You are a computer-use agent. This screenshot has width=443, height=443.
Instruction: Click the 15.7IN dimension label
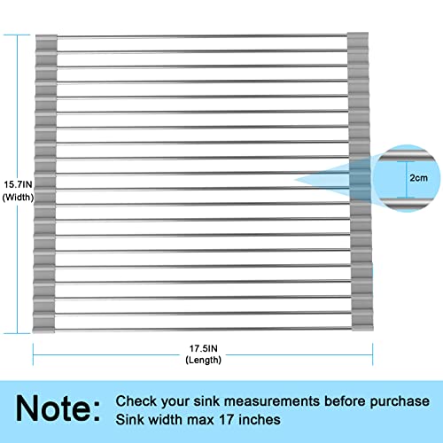[18, 184]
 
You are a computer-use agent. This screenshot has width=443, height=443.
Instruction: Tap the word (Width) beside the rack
[18, 198]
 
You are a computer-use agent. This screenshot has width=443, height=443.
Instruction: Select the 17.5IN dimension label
[204, 348]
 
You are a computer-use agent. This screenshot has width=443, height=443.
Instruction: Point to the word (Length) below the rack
[204, 360]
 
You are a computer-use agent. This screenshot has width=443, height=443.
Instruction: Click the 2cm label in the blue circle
[418, 178]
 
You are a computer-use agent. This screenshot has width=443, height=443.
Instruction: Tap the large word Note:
[58, 408]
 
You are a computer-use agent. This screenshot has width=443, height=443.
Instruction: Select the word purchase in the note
[400, 401]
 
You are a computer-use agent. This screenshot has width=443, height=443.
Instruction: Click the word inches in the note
[260, 420]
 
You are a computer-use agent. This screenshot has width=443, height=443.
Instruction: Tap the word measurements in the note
[272, 401]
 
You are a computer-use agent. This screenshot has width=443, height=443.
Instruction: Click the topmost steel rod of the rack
[202, 36]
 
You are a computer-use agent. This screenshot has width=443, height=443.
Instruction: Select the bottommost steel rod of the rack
[204, 329]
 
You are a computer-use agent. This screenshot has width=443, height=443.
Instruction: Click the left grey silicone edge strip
[45, 183]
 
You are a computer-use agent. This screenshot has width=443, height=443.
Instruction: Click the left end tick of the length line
[33, 354]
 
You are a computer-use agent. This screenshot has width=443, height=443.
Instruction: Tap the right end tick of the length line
[373, 354]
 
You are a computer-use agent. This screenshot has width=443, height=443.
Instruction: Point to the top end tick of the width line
[17, 35]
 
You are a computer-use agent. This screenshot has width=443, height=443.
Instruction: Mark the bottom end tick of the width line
[17, 334]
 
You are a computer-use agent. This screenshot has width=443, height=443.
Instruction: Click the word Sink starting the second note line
[128, 420]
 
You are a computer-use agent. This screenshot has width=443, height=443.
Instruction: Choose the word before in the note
[345, 401]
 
